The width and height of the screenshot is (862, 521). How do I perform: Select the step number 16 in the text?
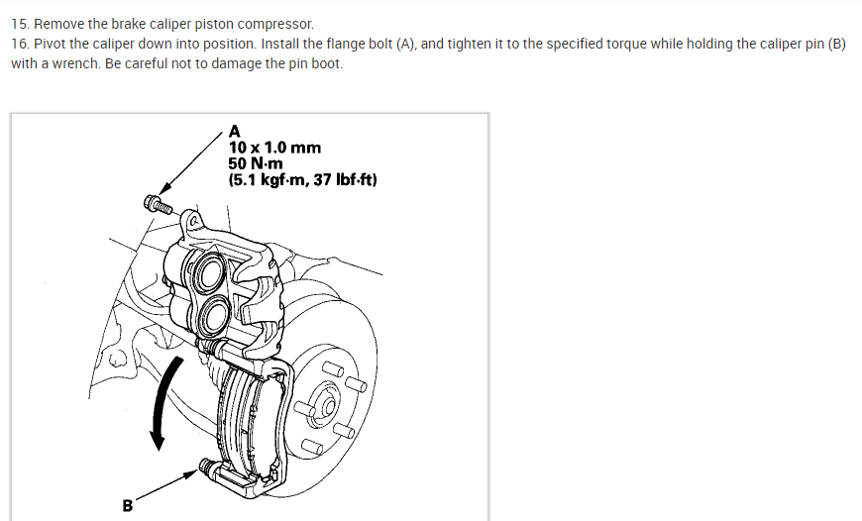click(x=20, y=45)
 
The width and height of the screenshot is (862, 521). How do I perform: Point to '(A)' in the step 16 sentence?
click(x=402, y=45)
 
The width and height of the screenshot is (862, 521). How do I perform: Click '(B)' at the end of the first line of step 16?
click(x=833, y=45)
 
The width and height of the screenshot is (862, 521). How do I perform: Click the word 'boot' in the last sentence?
click(x=326, y=63)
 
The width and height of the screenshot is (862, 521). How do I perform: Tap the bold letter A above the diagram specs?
click(x=235, y=131)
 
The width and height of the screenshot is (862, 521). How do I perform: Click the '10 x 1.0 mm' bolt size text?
click(x=274, y=148)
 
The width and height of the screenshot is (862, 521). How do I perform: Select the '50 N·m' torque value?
click(x=256, y=163)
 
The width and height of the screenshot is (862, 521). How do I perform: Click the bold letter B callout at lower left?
click(x=127, y=506)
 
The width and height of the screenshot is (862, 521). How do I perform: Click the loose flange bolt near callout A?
click(x=159, y=206)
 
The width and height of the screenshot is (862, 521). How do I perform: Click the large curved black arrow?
click(x=163, y=401)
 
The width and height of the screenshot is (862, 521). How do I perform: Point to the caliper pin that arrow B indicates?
click(x=209, y=468)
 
